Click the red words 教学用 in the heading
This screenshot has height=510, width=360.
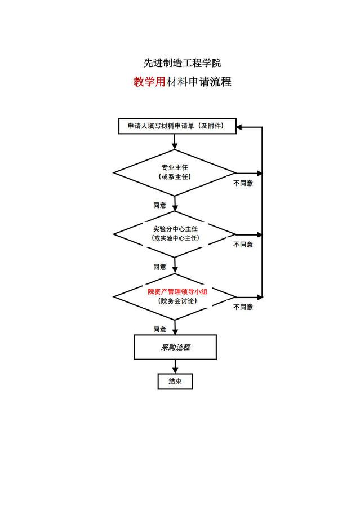(x=149, y=82)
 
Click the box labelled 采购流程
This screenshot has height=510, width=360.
(x=175, y=347)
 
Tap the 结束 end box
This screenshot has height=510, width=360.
(x=175, y=382)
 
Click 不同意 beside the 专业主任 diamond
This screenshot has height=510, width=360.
(x=243, y=183)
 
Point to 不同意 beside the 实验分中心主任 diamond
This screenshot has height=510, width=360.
(x=243, y=245)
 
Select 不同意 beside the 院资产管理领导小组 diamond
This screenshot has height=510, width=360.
(x=243, y=307)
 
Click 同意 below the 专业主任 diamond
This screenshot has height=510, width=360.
(x=160, y=205)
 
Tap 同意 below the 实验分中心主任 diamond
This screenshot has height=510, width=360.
(x=160, y=267)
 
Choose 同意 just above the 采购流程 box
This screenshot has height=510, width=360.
(x=160, y=329)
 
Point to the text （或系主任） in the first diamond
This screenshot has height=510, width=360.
(x=175, y=177)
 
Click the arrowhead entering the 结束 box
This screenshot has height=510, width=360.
(x=175, y=371)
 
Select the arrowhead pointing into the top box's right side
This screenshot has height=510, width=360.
(x=239, y=127)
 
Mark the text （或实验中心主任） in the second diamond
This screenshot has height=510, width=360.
(x=175, y=238)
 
